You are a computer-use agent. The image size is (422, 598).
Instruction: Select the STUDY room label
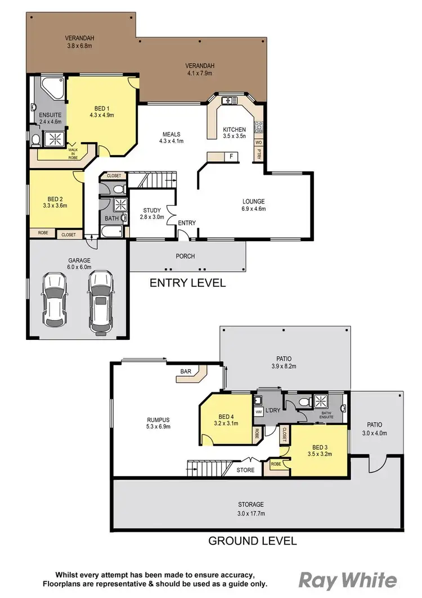152,213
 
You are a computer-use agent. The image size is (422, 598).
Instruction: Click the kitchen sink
229,101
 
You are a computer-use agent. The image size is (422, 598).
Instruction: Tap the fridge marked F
231,156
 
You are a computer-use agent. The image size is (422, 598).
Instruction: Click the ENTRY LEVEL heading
187,283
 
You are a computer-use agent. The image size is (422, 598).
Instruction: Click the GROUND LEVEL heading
253,541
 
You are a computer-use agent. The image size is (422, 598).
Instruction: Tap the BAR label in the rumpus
185,371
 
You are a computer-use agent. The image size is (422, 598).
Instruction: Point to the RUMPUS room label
158,423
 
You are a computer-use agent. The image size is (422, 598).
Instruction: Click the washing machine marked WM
259,412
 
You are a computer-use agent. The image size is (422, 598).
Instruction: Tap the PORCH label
185,256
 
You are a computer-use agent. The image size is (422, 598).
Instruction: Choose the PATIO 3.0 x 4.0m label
374,428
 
